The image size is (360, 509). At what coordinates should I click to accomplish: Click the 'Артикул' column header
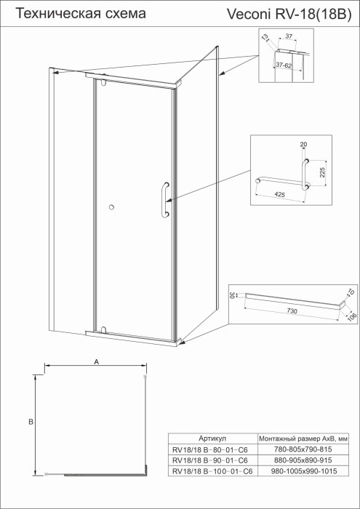pyautogui.click(x=212, y=439)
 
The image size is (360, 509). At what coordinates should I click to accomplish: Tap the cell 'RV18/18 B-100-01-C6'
pyautogui.click(x=212, y=472)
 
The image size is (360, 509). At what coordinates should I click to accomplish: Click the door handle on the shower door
pyautogui.click(x=167, y=199)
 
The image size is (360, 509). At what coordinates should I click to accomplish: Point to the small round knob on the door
pyautogui.click(x=111, y=209)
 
